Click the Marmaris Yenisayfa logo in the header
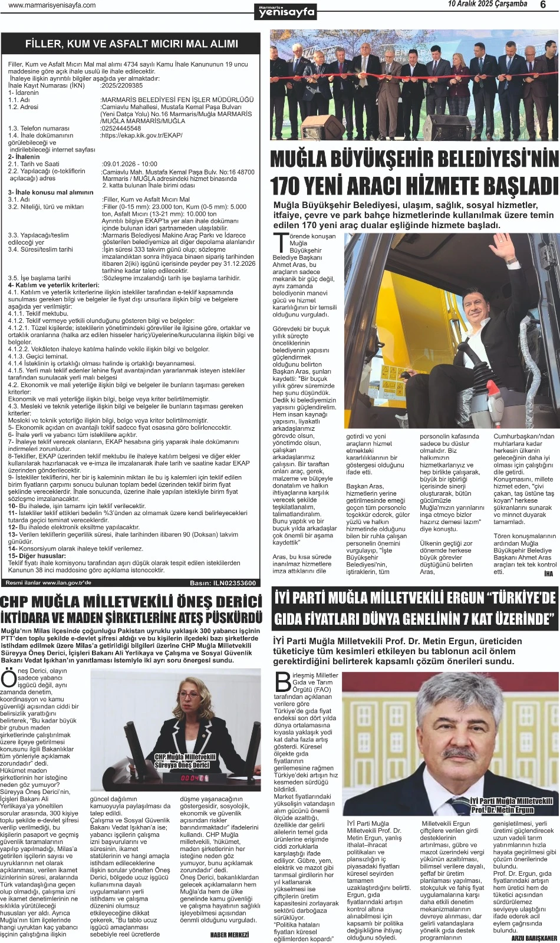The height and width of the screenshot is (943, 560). (x=286, y=11)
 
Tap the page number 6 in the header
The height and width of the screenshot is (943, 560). (x=543, y=5)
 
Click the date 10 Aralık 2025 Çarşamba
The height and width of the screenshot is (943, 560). (x=487, y=4)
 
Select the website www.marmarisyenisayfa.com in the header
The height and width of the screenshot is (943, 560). (x=52, y=5)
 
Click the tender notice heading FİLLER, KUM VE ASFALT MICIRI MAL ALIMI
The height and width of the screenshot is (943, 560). (x=131, y=44)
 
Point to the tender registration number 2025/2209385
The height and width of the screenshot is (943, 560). (x=122, y=85)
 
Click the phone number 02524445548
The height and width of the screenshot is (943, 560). (x=121, y=128)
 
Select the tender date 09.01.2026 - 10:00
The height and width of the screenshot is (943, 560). (x=130, y=164)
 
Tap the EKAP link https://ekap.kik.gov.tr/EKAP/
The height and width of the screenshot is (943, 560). (x=141, y=135)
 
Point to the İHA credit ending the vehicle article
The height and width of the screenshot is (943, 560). (x=548, y=573)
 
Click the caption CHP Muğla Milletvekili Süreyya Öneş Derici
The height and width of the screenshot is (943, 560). (x=184, y=761)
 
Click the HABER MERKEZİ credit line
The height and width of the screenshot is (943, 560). (x=229, y=935)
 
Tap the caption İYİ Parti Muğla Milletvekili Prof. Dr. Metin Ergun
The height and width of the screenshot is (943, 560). (x=511, y=805)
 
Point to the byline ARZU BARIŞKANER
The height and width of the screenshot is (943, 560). (x=533, y=938)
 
